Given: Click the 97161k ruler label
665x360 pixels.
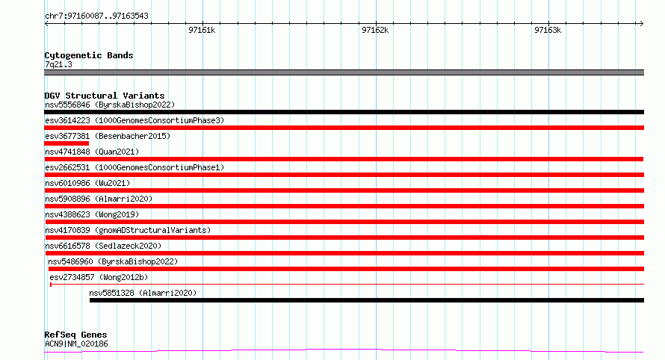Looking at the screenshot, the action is pyautogui.click(x=202, y=30).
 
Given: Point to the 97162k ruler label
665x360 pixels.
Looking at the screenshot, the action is pyautogui.click(x=375, y=30).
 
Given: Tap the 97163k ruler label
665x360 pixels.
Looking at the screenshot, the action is pyautogui.click(x=548, y=30).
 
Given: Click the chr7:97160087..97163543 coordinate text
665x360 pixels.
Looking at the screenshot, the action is pyautogui.click(x=96, y=16).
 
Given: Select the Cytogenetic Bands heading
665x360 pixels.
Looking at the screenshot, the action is pyautogui.click(x=89, y=55).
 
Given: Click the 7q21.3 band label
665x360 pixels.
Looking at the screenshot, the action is pyautogui.click(x=58, y=64).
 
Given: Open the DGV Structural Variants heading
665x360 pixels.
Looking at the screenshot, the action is pyautogui.click(x=105, y=96).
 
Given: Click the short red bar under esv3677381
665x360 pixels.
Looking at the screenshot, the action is pyautogui.click(x=66, y=143).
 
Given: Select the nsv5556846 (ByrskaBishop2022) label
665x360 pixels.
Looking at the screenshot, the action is pyautogui.click(x=110, y=105).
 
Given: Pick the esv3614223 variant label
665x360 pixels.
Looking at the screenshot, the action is pyautogui.click(x=134, y=120).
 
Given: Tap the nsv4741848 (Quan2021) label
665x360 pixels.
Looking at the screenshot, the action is pyautogui.click(x=92, y=152).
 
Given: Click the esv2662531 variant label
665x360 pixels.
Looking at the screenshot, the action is pyautogui.click(x=134, y=167).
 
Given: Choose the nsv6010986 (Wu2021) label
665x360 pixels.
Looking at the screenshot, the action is pyautogui.click(x=87, y=183).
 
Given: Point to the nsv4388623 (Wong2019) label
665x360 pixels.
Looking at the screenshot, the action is pyautogui.click(x=92, y=214).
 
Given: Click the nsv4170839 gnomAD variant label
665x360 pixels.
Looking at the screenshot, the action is pyautogui.click(x=128, y=230).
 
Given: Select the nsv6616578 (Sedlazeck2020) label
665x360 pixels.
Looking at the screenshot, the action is pyautogui.click(x=103, y=246).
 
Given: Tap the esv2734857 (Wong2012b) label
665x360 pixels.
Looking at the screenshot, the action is pyautogui.click(x=99, y=277).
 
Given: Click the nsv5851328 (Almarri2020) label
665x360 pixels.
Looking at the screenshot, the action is pyautogui.click(x=143, y=293).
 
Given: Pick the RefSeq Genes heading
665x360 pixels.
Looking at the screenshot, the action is pyautogui.click(x=75, y=335).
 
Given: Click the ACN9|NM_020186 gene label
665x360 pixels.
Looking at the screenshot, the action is pyautogui.click(x=76, y=344).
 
